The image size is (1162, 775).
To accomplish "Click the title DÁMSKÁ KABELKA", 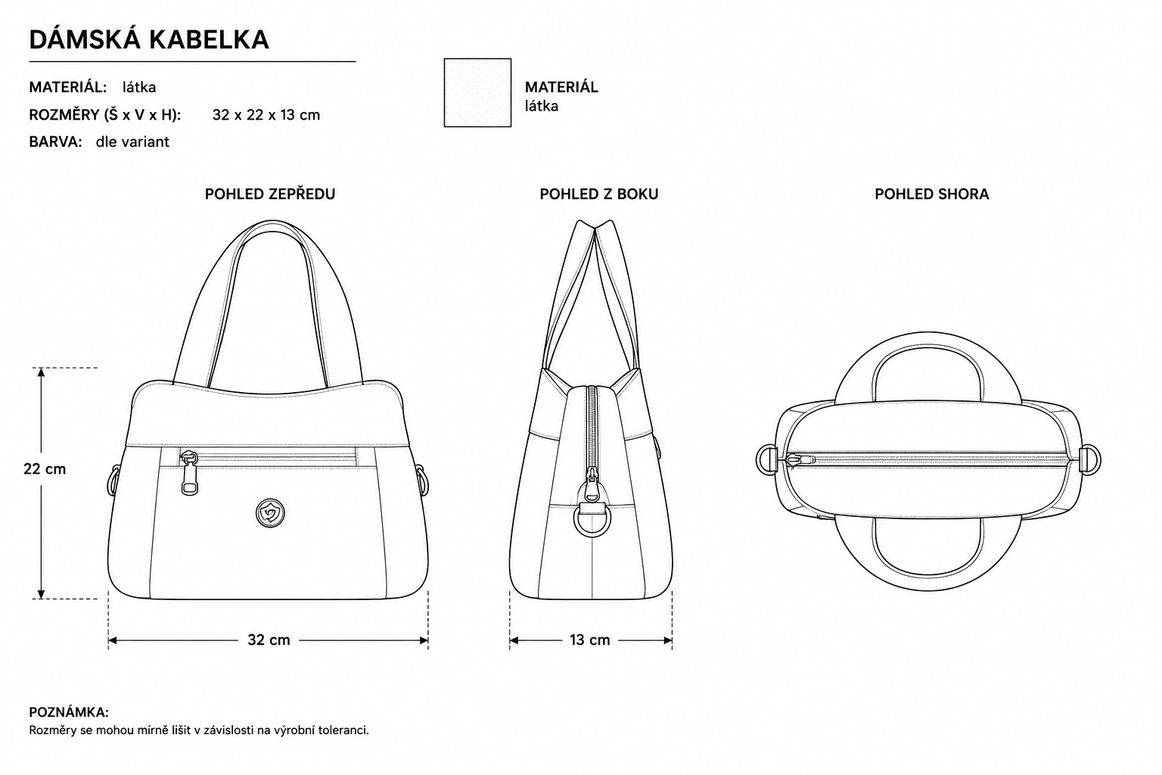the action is point(149,39).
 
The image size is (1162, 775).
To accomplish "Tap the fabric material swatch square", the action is point(477,92).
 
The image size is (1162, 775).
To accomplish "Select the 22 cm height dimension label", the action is point(45,469).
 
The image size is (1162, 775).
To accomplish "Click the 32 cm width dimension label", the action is point(269,640).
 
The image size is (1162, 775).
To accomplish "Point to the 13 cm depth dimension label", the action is point(590,640).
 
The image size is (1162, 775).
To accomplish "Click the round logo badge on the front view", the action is point(270,513).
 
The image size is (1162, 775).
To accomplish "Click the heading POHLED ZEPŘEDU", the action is point(270,195).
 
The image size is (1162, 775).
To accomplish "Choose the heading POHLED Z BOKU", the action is point(598,195).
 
